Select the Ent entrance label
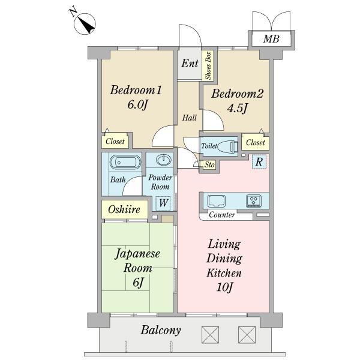(190, 64)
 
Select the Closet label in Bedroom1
(115, 142)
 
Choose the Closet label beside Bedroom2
(256, 143)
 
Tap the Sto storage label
(209, 163)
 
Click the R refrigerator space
(258, 161)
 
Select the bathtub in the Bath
(125, 162)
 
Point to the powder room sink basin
(163, 160)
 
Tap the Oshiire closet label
(124, 209)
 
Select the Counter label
(221, 215)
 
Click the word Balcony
(160, 330)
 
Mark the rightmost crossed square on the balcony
(246, 332)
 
